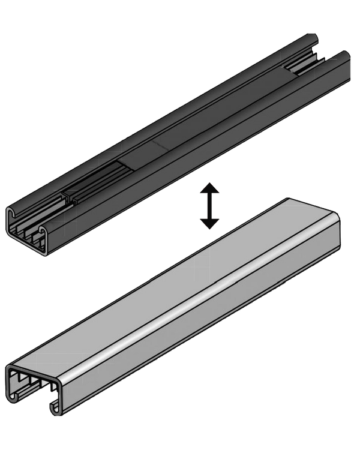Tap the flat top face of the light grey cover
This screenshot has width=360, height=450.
tap(180, 282)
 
